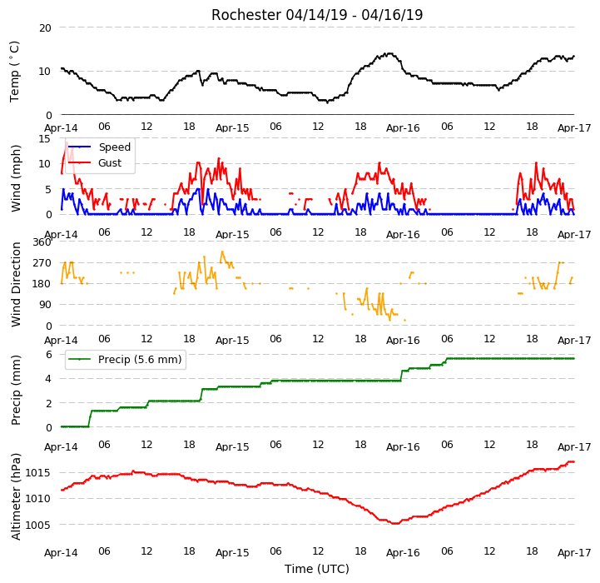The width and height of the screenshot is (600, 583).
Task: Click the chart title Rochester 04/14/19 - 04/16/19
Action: (317, 15)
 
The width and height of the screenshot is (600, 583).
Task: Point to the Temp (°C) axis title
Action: (14, 72)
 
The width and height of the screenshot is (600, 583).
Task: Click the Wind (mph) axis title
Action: (15, 178)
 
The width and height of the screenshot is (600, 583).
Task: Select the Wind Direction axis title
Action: (15, 284)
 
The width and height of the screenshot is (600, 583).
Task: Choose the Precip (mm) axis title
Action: (15, 390)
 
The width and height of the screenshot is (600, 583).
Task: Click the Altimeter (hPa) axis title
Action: (15, 496)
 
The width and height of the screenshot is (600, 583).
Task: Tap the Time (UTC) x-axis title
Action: (317, 569)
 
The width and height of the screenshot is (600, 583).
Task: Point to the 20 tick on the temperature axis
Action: (45, 28)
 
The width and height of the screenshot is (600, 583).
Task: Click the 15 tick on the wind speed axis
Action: (45, 138)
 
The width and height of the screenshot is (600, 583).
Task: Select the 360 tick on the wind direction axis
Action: (42, 242)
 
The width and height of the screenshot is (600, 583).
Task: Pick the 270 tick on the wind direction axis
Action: (42, 263)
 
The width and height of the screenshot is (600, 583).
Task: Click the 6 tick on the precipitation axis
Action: (48, 354)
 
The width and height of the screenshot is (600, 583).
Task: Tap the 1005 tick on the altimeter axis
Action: (38, 525)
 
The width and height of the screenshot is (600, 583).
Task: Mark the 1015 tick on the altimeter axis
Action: (38, 473)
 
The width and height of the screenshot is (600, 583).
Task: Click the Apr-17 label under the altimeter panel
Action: (574, 553)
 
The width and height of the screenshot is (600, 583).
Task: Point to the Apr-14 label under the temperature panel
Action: (62, 128)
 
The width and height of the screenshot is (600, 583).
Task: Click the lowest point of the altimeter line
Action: (395, 523)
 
